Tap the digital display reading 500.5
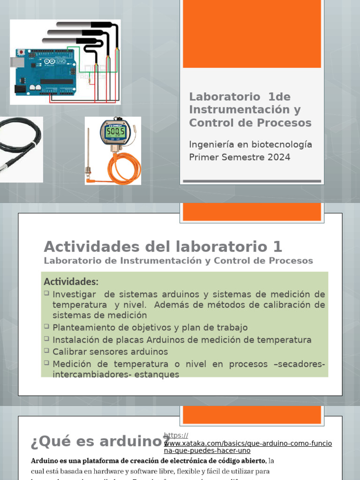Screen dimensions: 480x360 [114, 133]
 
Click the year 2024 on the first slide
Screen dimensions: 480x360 [279, 157]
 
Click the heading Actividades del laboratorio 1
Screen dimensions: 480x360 [163, 247]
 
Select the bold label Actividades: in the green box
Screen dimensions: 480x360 [71, 282]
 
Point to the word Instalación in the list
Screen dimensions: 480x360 [74, 340]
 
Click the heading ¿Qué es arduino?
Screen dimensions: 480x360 [98, 442]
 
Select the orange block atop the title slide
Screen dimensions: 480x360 [252, 34]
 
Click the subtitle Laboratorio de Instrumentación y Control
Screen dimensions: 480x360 [178, 261]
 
